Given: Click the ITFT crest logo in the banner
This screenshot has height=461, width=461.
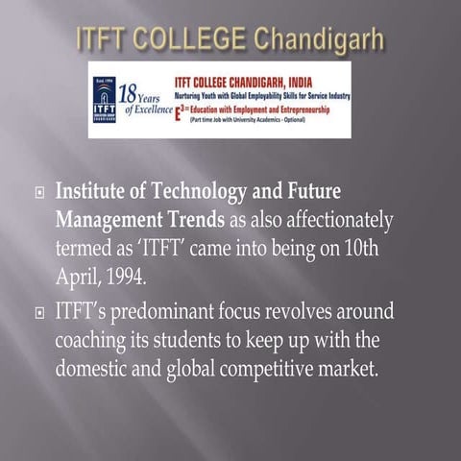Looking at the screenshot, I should (x=104, y=100).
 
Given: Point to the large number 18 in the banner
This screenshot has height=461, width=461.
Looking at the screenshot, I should (x=128, y=93).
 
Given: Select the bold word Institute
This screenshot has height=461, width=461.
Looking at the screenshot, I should (x=91, y=192).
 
